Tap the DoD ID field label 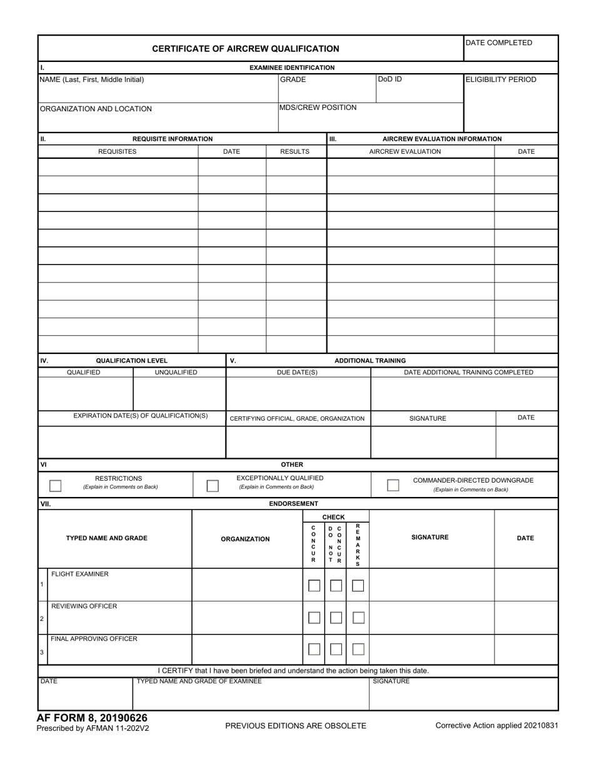pyautogui.click(x=390, y=79)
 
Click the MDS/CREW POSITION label pyautogui.click(x=318, y=108)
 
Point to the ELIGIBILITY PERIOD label pyautogui.click(x=501, y=79)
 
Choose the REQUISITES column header pyautogui.click(x=117, y=151)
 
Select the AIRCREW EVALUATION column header pyautogui.click(x=405, y=151)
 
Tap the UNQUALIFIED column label pyautogui.click(x=176, y=373)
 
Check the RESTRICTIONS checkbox pyautogui.click(x=56, y=486)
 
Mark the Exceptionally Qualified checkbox pyautogui.click(x=213, y=486)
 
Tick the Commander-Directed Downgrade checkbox pyautogui.click(x=393, y=485)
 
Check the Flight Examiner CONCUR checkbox pyautogui.click(x=314, y=586)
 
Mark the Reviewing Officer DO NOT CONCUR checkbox pyautogui.click(x=336, y=618)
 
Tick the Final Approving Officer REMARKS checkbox pyautogui.click(x=358, y=650)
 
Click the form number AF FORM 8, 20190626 pyautogui.click(x=93, y=718)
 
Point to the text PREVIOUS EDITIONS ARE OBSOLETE pyautogui.click(x=296, y=726)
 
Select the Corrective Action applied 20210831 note pyautogui.click(x=496, y=726)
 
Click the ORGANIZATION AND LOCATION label pyautogui.click(x=96, y=109)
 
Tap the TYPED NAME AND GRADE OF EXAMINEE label pyautogui.click(x=199, y=681)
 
